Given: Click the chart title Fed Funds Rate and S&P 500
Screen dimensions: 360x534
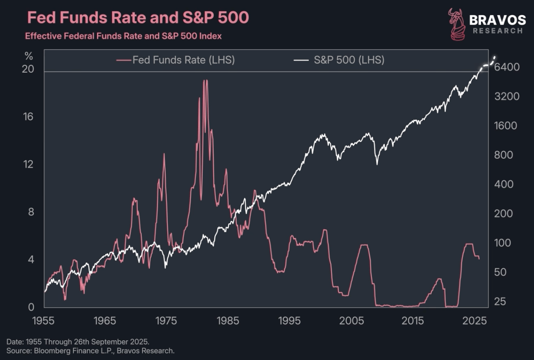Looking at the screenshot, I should click(x=138, y=18).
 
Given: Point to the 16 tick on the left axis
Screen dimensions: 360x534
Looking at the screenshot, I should click(x=28, y=117).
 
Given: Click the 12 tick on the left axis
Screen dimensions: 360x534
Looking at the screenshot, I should click(x=28, y=164).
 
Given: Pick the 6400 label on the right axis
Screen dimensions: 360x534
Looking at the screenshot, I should click(x=507, y=67).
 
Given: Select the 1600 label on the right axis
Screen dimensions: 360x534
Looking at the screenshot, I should click(x=507, y=126).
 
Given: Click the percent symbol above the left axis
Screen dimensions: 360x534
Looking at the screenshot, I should click(x=28, y=56).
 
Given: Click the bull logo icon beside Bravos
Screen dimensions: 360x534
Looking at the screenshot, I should click(x=456, y=25).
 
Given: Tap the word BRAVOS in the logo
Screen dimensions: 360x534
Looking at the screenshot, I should click(x=497, y=20).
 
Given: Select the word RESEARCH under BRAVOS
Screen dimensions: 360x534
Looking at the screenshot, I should click(x=498, y=31).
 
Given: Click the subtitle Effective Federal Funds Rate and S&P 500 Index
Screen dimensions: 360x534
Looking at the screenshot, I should click(x=123, y=36).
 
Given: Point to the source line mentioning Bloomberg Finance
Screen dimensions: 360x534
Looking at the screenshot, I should click(x=90, y=351).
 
